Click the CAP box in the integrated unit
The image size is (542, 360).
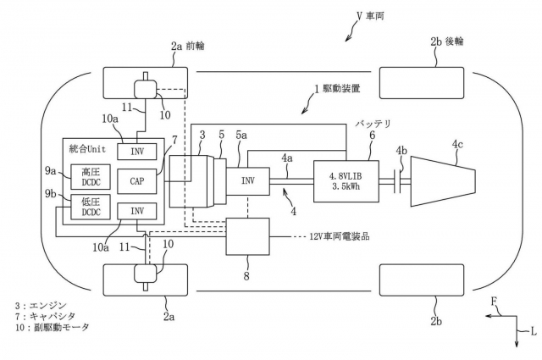pyautogui.click(x=137, y=180)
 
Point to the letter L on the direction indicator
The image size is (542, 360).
pyautogui.click(x=533, y=330)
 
